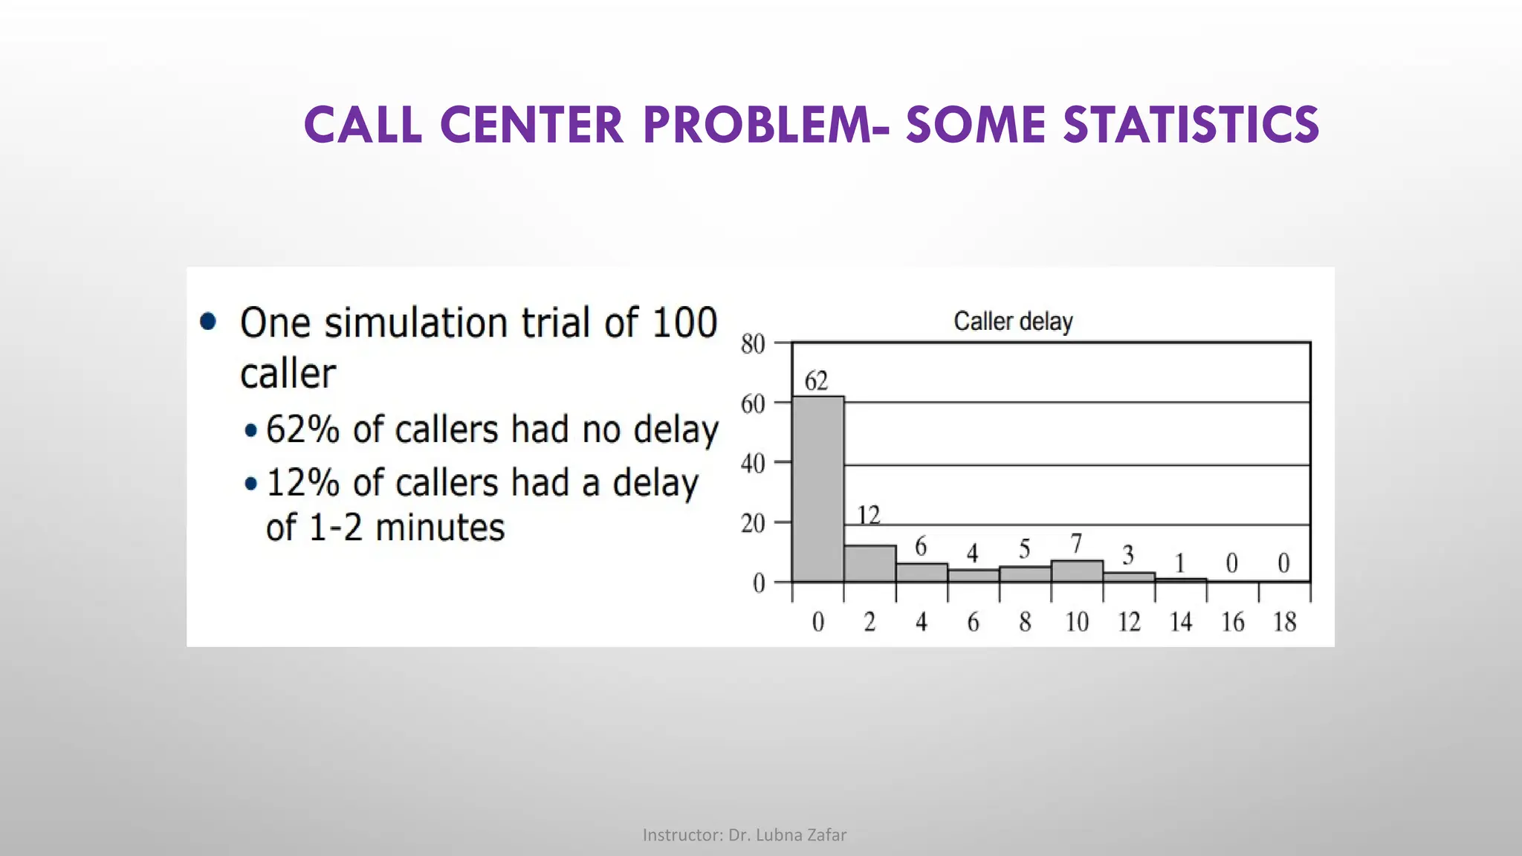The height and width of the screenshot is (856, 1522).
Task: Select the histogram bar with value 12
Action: (870, 563)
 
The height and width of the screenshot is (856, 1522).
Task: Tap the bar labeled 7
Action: (1077, 571)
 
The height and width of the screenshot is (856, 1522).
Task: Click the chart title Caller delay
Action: (1013, 322)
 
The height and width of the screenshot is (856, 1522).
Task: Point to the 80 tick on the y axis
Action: (753, 344)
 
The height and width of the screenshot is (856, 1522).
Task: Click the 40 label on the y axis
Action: (753, 464)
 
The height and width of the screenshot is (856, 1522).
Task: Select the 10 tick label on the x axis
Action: (1077, 622)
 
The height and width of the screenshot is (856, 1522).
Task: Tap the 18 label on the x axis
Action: (1284, 622)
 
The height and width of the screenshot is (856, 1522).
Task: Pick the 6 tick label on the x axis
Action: (973, 622)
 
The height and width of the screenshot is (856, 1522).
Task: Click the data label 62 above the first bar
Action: (816, 381)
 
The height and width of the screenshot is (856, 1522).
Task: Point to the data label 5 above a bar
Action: (1024, 549)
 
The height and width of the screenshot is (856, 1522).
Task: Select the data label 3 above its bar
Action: (1128, 555)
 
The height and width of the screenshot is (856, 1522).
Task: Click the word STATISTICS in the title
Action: (1191, 125)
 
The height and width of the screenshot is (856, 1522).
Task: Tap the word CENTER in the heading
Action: (532, 125)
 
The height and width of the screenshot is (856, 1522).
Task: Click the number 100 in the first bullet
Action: (684, 323)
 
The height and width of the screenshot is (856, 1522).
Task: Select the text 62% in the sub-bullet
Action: (302, 429)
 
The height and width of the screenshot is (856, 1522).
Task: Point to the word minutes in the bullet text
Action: (440, 528)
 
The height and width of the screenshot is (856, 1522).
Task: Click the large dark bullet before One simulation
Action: (208, 321)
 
